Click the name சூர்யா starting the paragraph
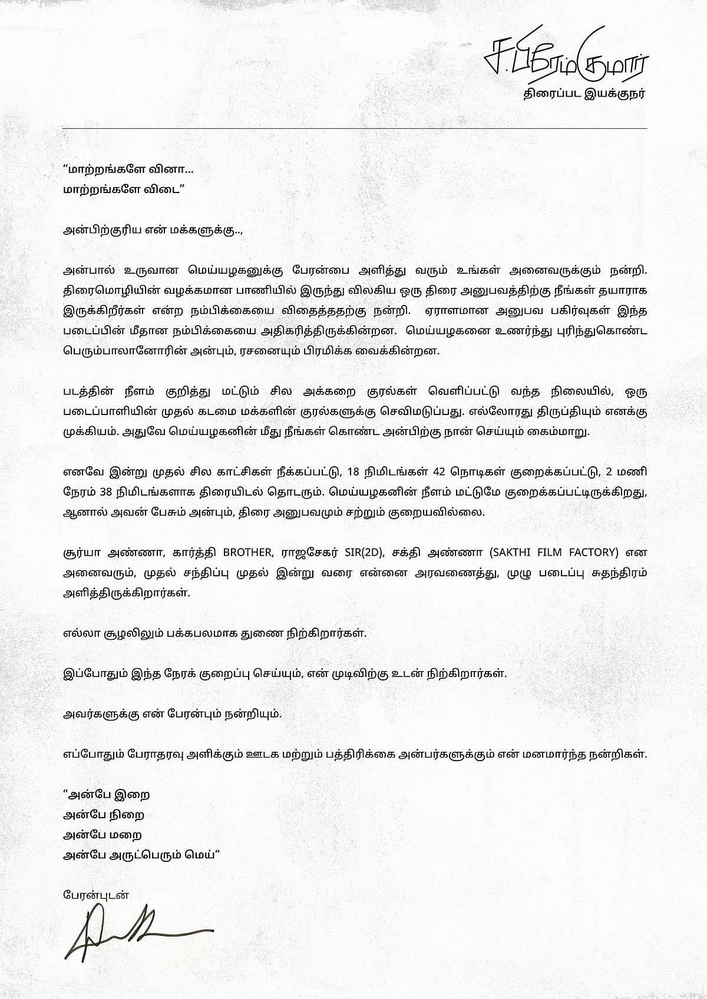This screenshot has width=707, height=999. (82, 553)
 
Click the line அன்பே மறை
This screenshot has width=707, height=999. (103, 835)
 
